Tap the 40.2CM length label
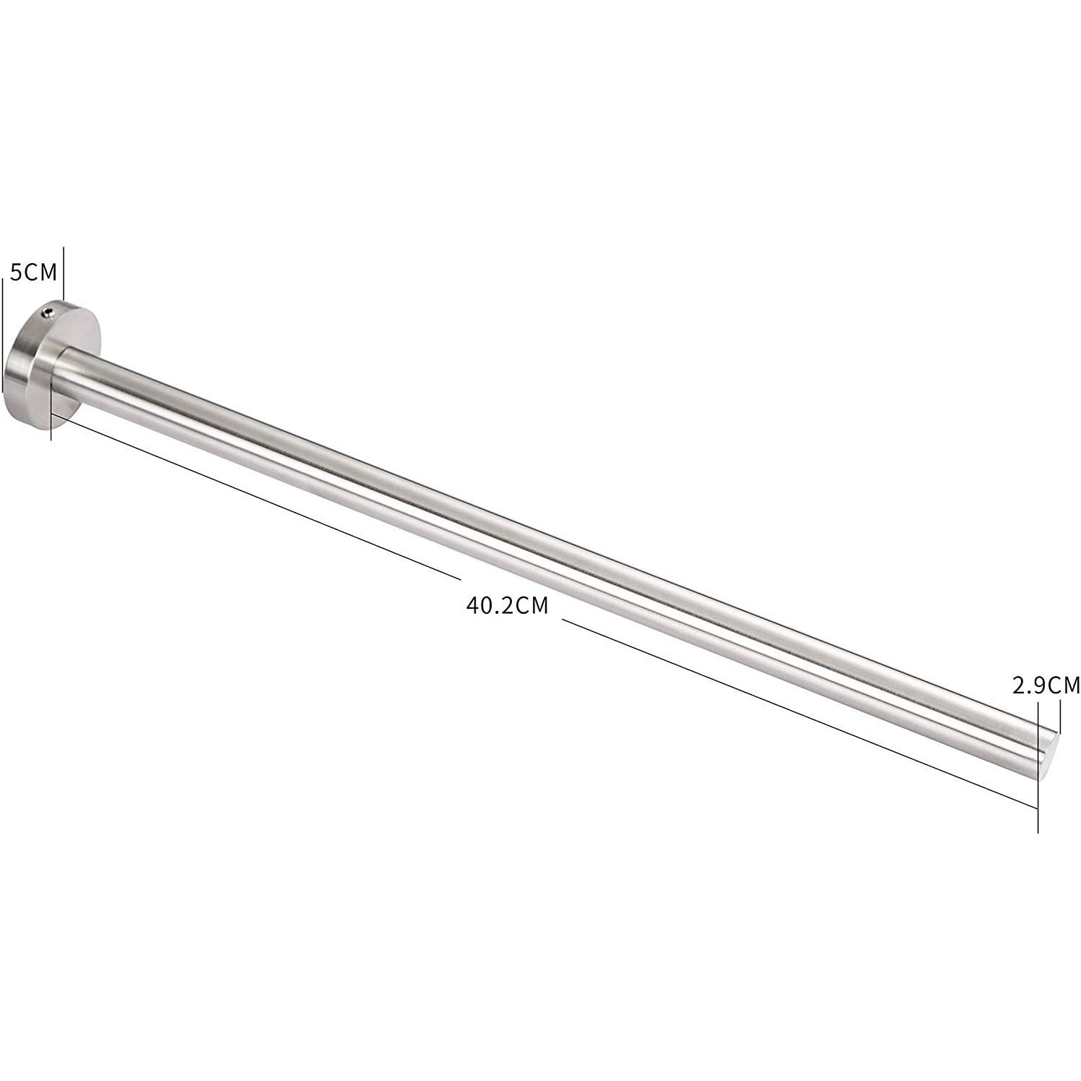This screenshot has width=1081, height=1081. coord(507,604)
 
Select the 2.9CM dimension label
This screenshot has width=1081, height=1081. coord(1046,685)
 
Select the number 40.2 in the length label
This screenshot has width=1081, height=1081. coord(489,604)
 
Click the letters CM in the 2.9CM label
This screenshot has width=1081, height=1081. coord(1064,685)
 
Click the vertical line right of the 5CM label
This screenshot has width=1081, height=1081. coord(64,275)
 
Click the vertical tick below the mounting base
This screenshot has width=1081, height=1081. coord(51,427)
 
